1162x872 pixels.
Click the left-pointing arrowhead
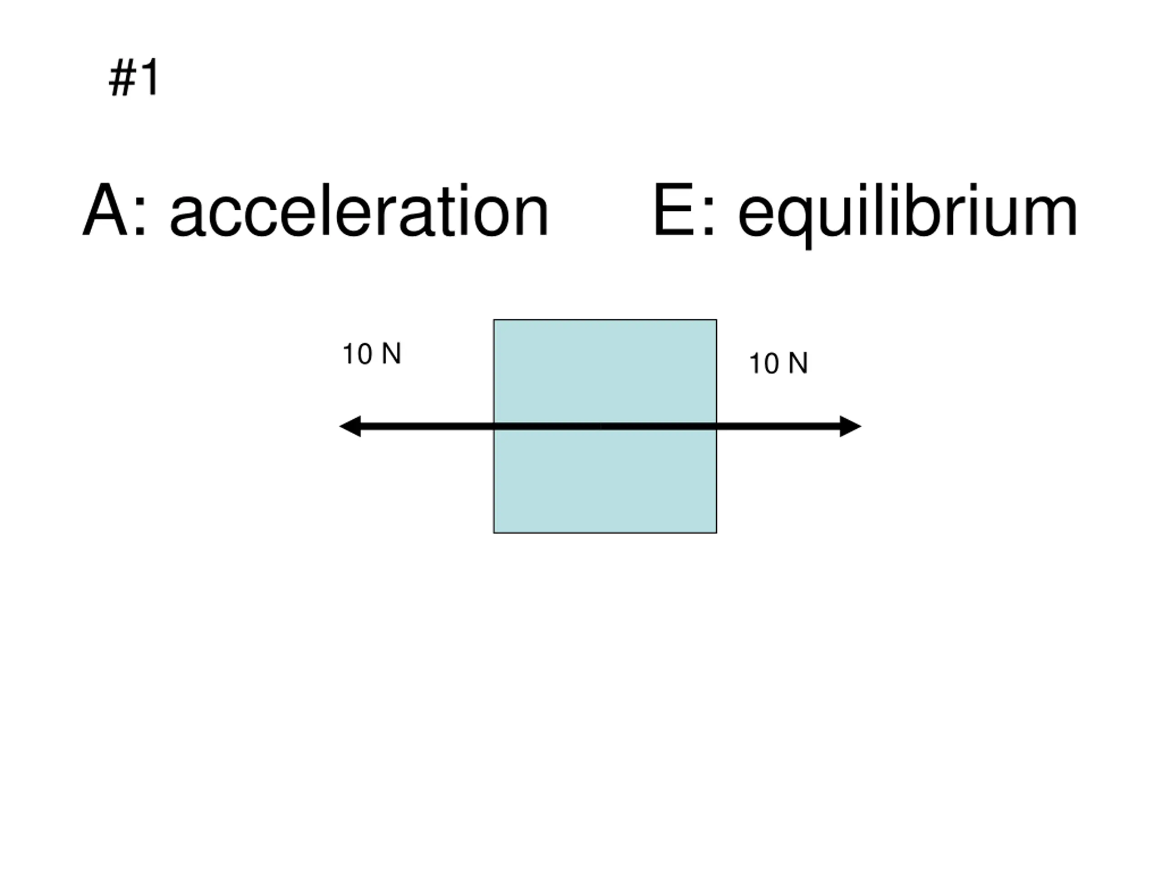351,426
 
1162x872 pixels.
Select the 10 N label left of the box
372,354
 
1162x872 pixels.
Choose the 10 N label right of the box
778,363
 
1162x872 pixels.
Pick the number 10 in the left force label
358,354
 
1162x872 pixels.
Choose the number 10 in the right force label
764,363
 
